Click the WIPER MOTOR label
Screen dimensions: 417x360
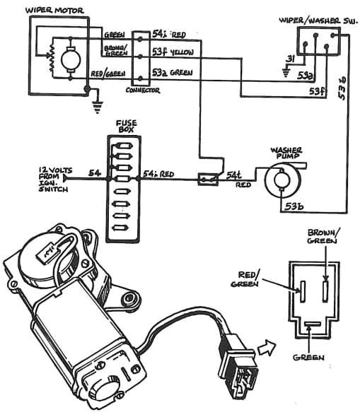(x=56, y=10)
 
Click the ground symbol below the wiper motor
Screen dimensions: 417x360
(x=95, y=108)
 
